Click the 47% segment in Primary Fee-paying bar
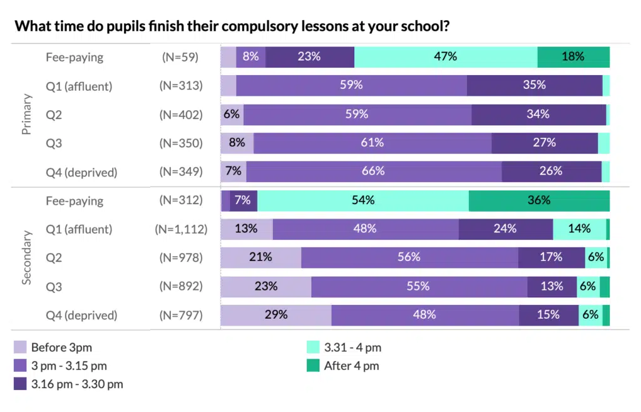(445, 57)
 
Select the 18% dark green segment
(573, 57)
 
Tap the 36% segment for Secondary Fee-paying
(538, 201)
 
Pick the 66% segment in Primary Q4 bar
(374, 172)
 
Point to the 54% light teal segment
(362, 201)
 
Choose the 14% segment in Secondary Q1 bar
(579, 229)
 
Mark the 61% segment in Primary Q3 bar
(372, 143)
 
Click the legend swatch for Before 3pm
(20, 348)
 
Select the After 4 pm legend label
(351, 366)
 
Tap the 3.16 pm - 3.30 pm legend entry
(76, 384)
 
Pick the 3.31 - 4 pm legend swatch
(313, 348)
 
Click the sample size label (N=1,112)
(181, 229)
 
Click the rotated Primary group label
(27, 114)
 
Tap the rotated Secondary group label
(27, 258)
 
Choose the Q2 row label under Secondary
(54, 258)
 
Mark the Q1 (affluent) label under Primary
(79, 86)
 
